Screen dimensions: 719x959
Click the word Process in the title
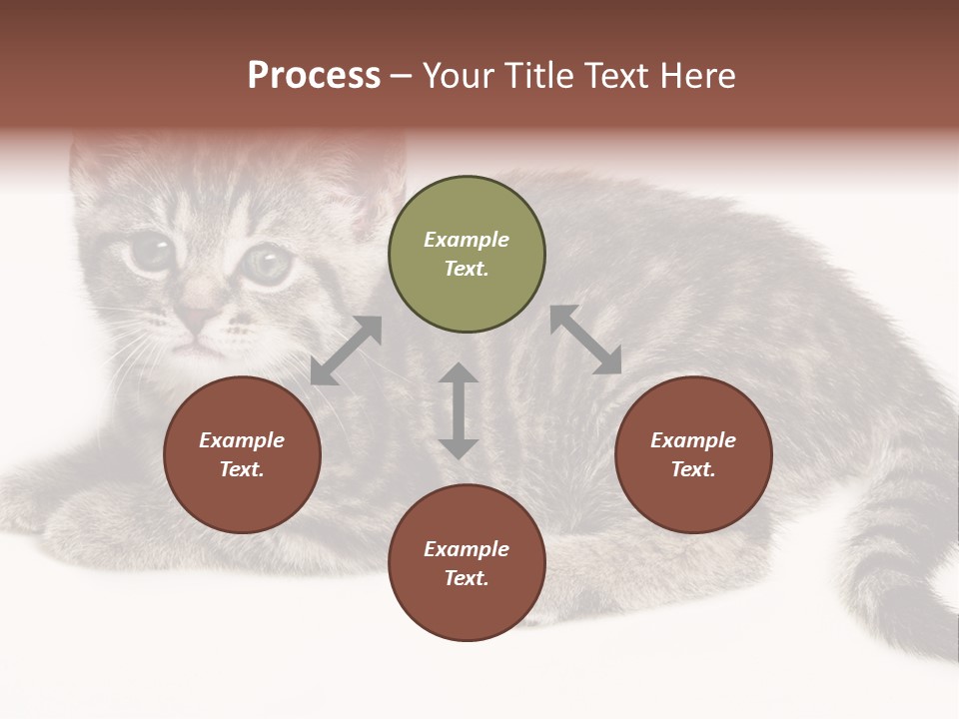(x=314, y=76)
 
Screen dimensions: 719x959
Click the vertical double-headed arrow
(x=459, y=410)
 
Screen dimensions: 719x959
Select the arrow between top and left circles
(x=346, y=351)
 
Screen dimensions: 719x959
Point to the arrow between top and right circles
(x=586, y=341)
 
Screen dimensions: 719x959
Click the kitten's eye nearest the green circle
(x=267, y=265)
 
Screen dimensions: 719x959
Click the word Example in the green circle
(x=467, y=240)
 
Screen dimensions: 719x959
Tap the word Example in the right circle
(x=693, y=440)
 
